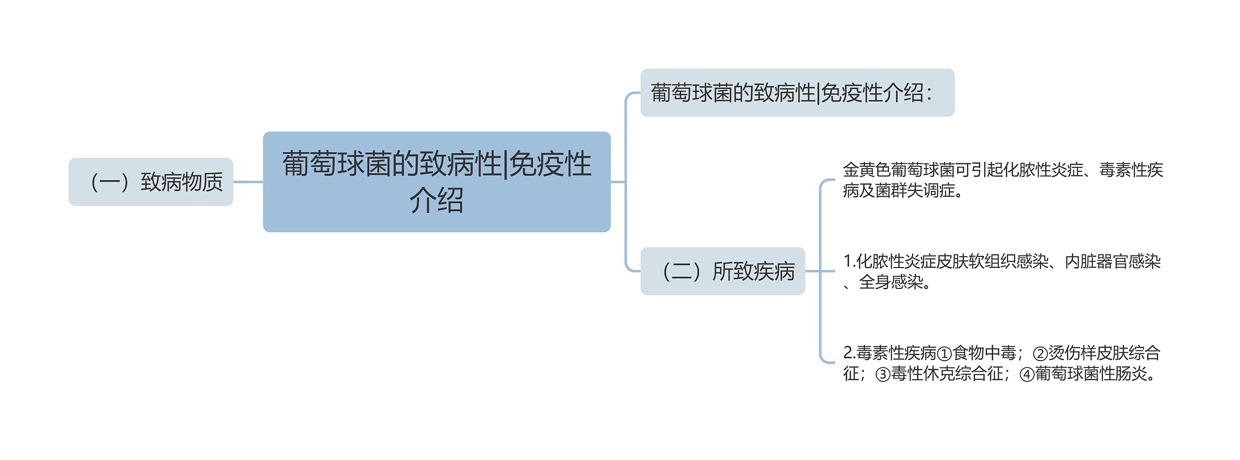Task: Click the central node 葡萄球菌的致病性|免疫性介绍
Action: click(x=436, y=182)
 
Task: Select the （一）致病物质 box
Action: click(x=151, y=182)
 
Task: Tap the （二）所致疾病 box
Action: click(x=723, y=271)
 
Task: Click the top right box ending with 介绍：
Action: click(x=797, y=93)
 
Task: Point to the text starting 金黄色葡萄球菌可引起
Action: click(x=1003, y=180)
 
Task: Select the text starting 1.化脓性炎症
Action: click(x=1002, y=271)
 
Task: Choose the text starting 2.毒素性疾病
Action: click(x=1002, y=363)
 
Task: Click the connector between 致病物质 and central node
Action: click(x=248, y=182)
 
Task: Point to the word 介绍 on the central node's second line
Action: click(x=436, y=201)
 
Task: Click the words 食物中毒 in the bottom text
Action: click(x=984, y=353)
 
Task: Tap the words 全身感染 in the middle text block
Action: click(x=890, y=282)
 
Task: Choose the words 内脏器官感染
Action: click(x=1113, y=262)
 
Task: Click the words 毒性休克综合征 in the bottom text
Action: click(x=947, y=374)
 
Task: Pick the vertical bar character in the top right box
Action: click(x=819, y=93)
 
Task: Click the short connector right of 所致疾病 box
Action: click(x=812, y=271)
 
